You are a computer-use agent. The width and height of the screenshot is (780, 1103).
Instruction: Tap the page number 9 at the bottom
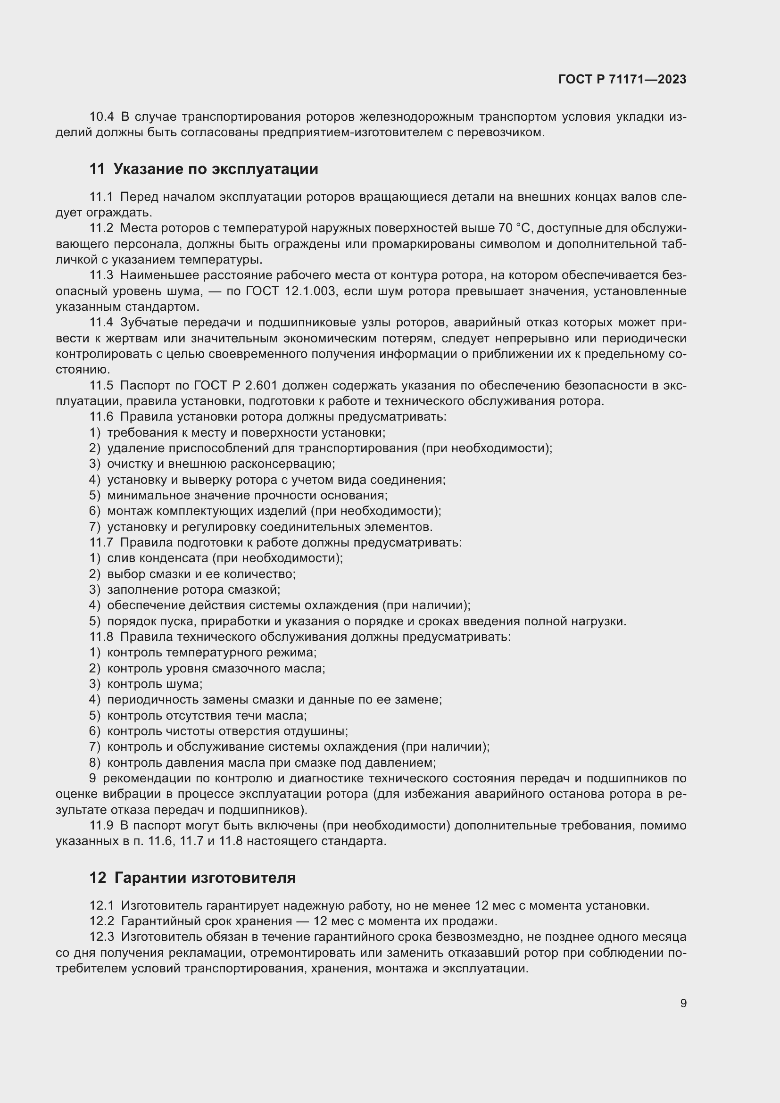[683, 1003]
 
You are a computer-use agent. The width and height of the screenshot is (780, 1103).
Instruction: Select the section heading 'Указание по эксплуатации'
[216, 169]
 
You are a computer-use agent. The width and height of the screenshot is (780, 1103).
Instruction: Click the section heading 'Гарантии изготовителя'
[205, 878]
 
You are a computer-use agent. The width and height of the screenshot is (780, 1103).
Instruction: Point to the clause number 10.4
[101, 117]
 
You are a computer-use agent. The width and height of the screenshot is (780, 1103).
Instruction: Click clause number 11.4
[101, 323]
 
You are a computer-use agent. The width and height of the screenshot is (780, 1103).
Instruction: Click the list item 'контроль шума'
[154, 684]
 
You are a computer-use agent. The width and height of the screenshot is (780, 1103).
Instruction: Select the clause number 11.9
[101, 826]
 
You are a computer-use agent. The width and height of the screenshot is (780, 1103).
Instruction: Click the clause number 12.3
[101, 937]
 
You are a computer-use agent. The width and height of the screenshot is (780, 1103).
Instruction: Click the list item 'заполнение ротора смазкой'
[193, 589]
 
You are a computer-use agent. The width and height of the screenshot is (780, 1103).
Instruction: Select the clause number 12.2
[101, 921]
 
